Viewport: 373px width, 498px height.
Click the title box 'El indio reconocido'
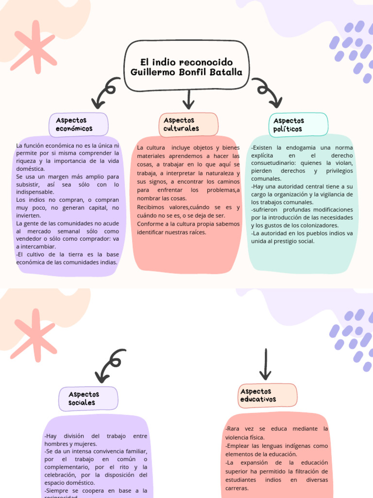tap(187, 67)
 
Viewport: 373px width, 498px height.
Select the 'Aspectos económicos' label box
tap(78, 125)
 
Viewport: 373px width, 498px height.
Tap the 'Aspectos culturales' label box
tap(188, 124)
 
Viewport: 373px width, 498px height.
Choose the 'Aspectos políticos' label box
tap(298, 124)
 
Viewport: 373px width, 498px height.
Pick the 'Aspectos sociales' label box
tap(88, 398)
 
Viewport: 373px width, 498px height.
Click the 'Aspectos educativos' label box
tap(268, 395)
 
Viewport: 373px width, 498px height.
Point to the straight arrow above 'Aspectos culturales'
tap(188, 100)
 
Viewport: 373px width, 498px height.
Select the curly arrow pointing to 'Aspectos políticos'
tap(269, 92)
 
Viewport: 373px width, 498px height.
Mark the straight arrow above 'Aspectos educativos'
tap(265, 364)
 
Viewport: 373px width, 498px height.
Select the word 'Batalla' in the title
tap(224, 72)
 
